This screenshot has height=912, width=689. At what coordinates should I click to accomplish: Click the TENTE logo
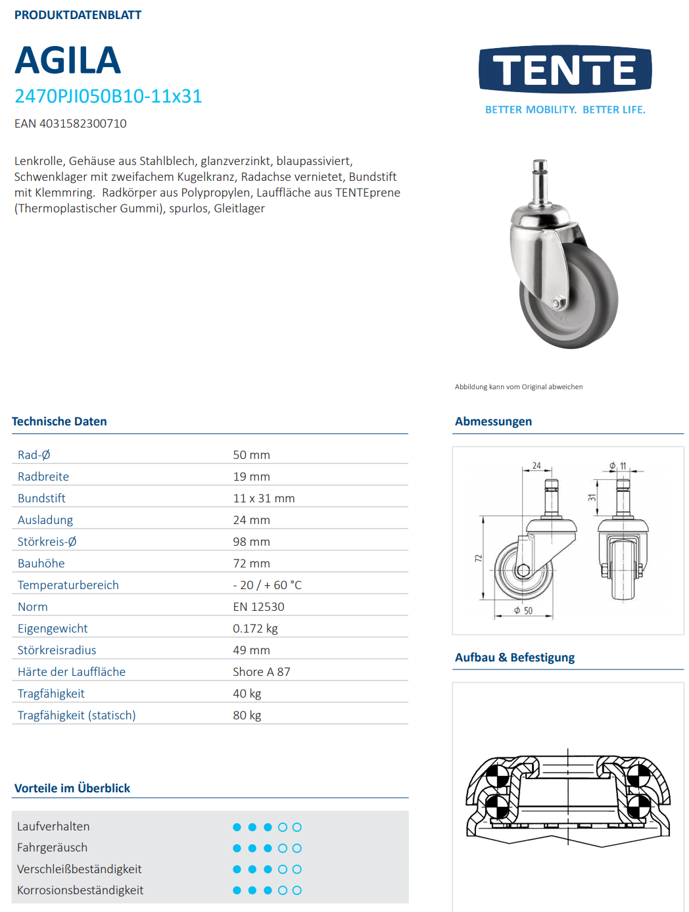coord(565,69)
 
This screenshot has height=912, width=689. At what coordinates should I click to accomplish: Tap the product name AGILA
coord(68,60)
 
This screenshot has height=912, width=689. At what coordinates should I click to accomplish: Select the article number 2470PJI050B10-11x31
coord(108,97)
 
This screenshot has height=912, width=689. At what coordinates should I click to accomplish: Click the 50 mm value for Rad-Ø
coord(251,455)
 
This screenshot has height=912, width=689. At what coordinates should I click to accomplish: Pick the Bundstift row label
coord(41,498)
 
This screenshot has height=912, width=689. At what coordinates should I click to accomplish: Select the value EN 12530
coord(258,607)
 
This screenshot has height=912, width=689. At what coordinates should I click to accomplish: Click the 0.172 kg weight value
coord(255,629)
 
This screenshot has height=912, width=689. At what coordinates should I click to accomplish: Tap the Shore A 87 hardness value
coord(261,672)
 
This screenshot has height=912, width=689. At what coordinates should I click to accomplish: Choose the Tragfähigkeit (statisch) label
coord(76,715)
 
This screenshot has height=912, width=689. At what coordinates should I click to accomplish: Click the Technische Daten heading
coord(59,421)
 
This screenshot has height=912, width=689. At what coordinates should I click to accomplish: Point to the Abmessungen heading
coord(493,421)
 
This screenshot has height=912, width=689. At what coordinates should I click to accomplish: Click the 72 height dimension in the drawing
coord(479,558)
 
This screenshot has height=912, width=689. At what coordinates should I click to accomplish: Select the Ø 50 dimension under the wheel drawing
coord(524,611)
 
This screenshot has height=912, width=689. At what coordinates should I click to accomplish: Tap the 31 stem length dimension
coord(592,498)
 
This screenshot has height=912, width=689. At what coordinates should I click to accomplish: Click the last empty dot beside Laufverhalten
coord(297,827)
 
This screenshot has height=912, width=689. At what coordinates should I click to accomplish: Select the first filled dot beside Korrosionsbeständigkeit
coord(237,890)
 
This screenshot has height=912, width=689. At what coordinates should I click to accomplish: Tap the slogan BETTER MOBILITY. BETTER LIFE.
coord(565,110)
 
